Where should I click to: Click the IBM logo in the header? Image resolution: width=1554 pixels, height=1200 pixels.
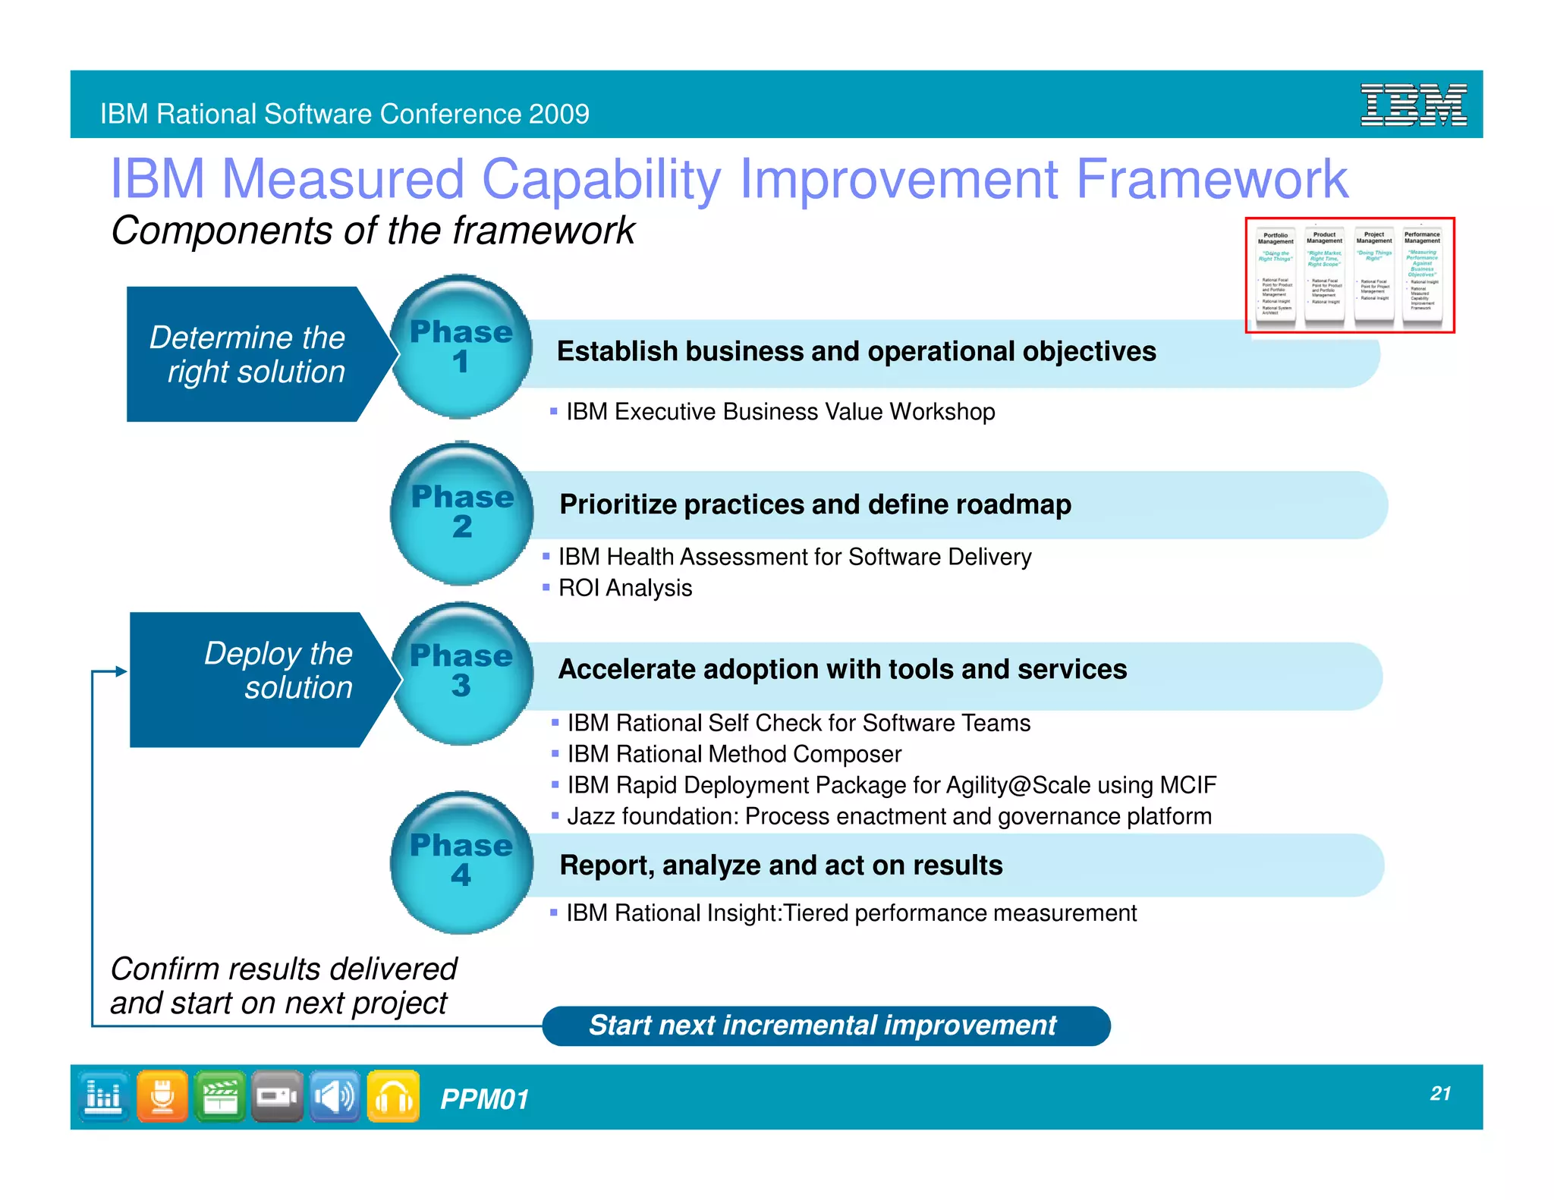coord(1413,105)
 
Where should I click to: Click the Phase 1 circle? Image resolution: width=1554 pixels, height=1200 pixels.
coord(461,347)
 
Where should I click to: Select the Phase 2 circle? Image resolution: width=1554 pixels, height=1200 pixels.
coord(461,513)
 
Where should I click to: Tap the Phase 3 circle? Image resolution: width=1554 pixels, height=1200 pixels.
coord(461,672)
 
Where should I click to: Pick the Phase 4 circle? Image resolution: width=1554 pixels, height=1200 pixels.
coord(461,862)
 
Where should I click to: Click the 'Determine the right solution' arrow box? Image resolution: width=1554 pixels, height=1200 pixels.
coord(254,354)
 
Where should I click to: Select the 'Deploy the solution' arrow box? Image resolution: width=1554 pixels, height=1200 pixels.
coord(258,679)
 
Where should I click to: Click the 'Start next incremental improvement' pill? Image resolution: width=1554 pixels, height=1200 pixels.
coord(826,1026)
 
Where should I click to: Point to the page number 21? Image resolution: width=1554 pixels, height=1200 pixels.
coord(1440,1093)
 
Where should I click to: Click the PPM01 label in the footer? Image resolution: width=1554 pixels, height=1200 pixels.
coord(484,1099)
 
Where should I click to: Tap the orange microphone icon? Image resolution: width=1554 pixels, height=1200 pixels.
coord(162,1096)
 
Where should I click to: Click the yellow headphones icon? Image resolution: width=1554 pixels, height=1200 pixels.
coord(393,1096)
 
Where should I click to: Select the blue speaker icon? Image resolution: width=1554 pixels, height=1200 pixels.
coord(335,1096)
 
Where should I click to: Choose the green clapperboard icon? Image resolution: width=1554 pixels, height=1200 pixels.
coord(220,1096)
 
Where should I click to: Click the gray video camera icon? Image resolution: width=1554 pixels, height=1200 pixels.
coord(277,1096)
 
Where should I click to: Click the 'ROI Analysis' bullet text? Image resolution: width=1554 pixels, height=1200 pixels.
coord(624,588)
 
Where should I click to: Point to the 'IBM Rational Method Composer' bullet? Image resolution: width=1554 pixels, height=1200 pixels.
coord(734,754)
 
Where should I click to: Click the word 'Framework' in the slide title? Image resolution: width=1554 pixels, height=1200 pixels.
coord(1211,179)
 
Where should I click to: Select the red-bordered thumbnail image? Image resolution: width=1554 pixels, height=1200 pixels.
coord(1349,275)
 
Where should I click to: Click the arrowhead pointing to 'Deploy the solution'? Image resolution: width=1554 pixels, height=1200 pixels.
coord(121,671)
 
